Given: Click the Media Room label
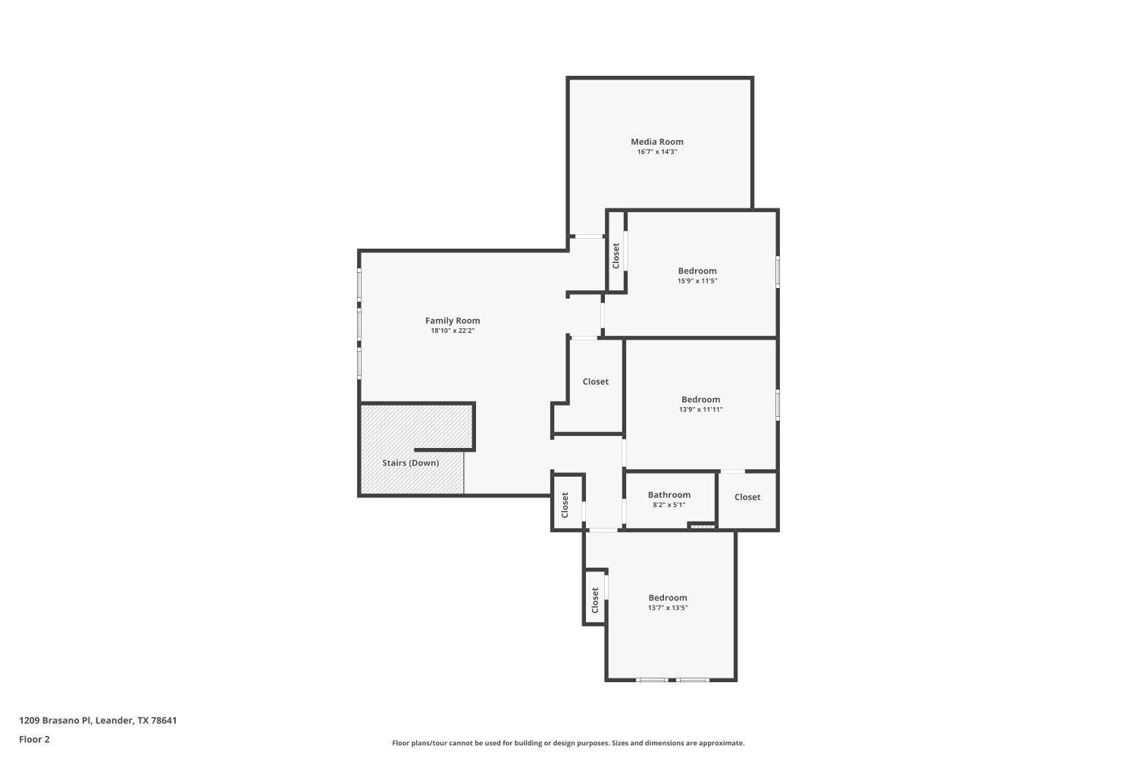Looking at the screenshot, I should pos(657,142).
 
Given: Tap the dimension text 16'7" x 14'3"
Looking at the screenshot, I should pos(657,152).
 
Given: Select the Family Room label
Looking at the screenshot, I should pos(453,321).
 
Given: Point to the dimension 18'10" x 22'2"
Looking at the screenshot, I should pos(453,331).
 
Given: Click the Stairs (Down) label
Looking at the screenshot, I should pos(410,463).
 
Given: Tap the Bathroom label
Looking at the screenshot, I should pos(669,495).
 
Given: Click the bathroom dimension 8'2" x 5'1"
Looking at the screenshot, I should pos(669,505).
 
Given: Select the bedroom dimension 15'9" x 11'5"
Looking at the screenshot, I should pos(697,281).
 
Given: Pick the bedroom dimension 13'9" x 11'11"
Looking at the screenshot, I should pos(700,410).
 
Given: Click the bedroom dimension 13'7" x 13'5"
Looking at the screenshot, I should pos(668,608).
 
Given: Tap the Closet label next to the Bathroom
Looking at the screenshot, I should pos(747,497).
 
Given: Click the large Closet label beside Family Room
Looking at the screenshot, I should pos(595,382).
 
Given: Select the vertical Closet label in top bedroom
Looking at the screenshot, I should pos(615,255).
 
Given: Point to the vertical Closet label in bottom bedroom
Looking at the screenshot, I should pos(595,600).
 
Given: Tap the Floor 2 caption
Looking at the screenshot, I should pos(34,739).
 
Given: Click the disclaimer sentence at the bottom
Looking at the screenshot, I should pos(568,744).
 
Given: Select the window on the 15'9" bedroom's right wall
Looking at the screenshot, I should pos(778,271).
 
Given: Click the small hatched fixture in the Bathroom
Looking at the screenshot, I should pos(702,525).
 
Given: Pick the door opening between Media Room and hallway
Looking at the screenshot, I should pos(587,236).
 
